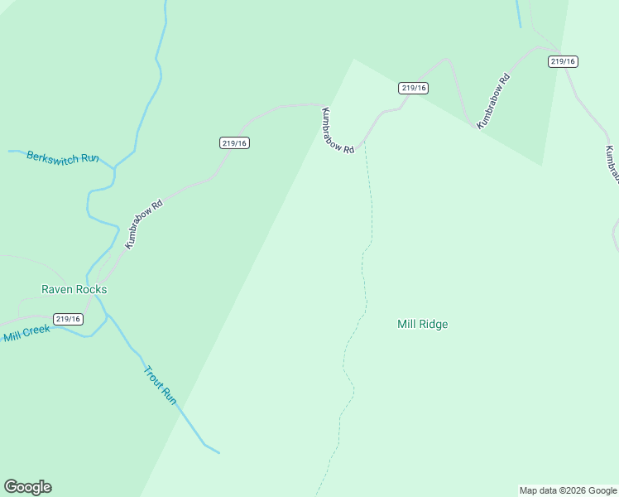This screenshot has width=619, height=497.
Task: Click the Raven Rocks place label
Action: click(74, 290)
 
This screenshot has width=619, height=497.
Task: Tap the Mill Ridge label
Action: click(422, 325)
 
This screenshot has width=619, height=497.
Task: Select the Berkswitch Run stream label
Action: click(63, 157)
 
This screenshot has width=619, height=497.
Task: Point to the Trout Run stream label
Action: click(161, 385)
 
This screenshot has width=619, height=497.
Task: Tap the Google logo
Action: click(27, 487)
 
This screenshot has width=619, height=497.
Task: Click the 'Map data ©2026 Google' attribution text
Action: click(569, 490)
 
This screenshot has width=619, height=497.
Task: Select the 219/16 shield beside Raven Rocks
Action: click(68, 319)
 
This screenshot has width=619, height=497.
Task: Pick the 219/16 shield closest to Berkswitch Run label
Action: click(235, 143)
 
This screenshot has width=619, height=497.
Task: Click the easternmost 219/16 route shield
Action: click(563, 61)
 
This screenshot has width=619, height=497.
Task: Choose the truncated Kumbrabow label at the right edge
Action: click(612, 165)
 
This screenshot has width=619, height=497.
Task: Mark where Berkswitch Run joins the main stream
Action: click(114, 168)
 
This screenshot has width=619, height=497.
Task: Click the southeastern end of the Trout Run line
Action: click(218, 453)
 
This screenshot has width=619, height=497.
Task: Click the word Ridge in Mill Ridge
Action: click(434, 325)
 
